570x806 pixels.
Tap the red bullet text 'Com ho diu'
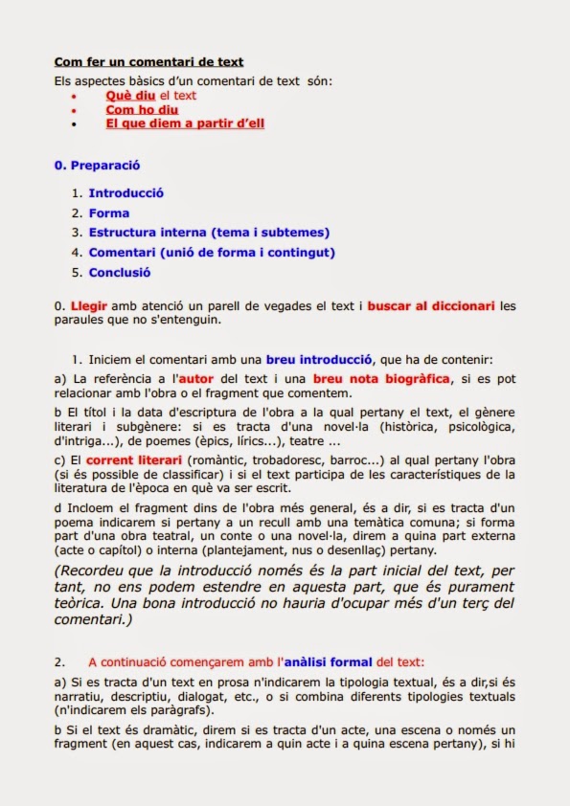[142, 110]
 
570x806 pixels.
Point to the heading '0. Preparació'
[98, 166]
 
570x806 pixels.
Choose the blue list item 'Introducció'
[126, 193]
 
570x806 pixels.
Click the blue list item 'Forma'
[109, 213]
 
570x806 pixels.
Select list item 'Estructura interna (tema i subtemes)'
[209, 233]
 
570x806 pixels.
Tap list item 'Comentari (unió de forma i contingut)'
[212, 253]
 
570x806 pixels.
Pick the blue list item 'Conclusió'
[120, 273]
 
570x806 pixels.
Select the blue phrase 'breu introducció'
[321, 360]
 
